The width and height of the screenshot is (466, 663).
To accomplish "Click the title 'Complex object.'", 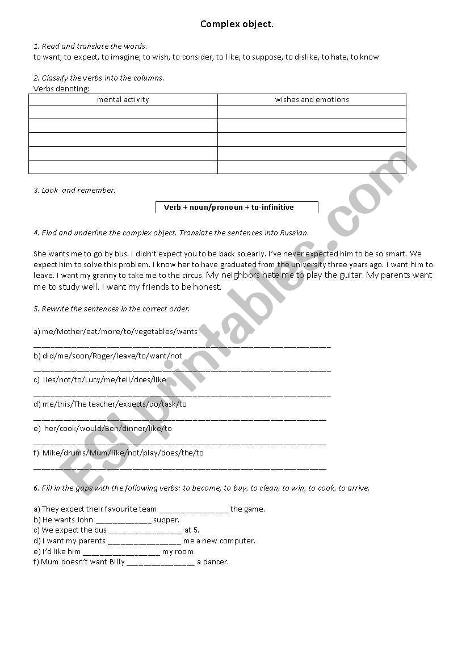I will click(237, 24).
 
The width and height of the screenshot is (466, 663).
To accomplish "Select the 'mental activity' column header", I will click(123, 100).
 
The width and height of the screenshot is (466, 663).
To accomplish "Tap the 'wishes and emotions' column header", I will click(312, 100).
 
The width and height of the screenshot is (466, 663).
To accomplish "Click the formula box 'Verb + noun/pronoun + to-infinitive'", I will click(237, 208).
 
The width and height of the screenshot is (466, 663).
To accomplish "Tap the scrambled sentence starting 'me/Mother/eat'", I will click(115, 331).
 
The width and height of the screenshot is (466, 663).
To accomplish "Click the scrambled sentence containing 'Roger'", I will click(108, 356).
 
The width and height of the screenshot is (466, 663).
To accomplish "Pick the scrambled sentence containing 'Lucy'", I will click(100, 380).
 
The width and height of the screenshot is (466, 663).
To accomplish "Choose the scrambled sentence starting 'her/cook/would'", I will click(103, 429).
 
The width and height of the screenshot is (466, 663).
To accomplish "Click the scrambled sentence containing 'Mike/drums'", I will click(119, 453).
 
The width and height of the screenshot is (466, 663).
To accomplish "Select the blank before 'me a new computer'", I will click(144, 542).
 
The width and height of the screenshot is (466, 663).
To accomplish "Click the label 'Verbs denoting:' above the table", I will click(61, 88).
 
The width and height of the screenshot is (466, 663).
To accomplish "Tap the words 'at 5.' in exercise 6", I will click(192, 531).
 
